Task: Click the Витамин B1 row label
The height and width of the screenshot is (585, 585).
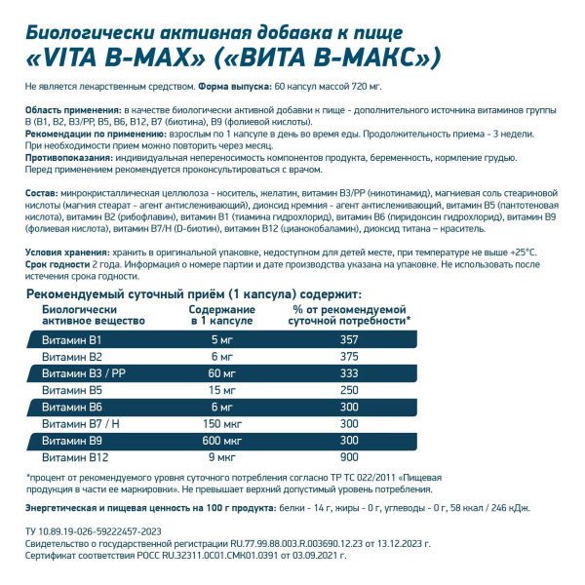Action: pyautogui.click(x=65, y=339)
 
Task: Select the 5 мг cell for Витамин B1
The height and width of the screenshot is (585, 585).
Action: pyautogui.click(x=221, y=339)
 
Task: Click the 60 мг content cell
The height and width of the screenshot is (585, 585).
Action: pyautogui.click(x=221, y=373)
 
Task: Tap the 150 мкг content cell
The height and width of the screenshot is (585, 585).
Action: pyautogui.click(x=221, y=424)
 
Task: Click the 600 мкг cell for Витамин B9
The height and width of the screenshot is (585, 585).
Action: pyautogui.click(x=221, y=441)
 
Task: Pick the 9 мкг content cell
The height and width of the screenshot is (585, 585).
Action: pyautogui.click(x=221, y=457)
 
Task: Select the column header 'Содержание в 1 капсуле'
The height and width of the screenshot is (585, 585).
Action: pyautogui.click(x=221, y=314)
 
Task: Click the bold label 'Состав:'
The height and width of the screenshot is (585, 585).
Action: pyautogui.click(x=45, y=193)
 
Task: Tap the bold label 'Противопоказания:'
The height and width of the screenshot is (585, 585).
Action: pyautogui.click(x=68, y=156)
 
